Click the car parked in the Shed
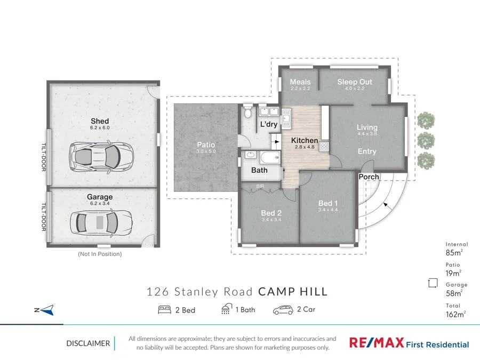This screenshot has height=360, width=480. click(101, 157)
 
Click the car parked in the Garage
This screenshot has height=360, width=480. click(101, 222)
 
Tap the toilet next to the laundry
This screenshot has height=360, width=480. click(247, 112)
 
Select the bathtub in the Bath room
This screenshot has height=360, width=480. click(270, 158)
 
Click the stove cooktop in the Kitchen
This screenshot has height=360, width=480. click(324, 147)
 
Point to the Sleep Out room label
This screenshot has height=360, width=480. click(355, 82)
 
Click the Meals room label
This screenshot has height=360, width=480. click(300, 82)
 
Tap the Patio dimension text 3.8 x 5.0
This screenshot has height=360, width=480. click(206, 151)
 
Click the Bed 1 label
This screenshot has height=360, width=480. click(328, 203)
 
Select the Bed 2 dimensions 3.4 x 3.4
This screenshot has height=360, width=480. click(271, 220)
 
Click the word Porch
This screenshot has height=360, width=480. click(369, 177)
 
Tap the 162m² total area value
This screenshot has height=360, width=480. click(456, 314)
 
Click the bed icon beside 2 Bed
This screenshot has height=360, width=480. click(164, 310)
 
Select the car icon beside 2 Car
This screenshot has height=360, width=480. click(283, 310)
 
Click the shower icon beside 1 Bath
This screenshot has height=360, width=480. click(227, 309)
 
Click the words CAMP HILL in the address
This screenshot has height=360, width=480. click(293, 291)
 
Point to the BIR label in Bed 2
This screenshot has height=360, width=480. click(260, 186)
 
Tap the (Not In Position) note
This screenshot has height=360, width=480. click(100, 254)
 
